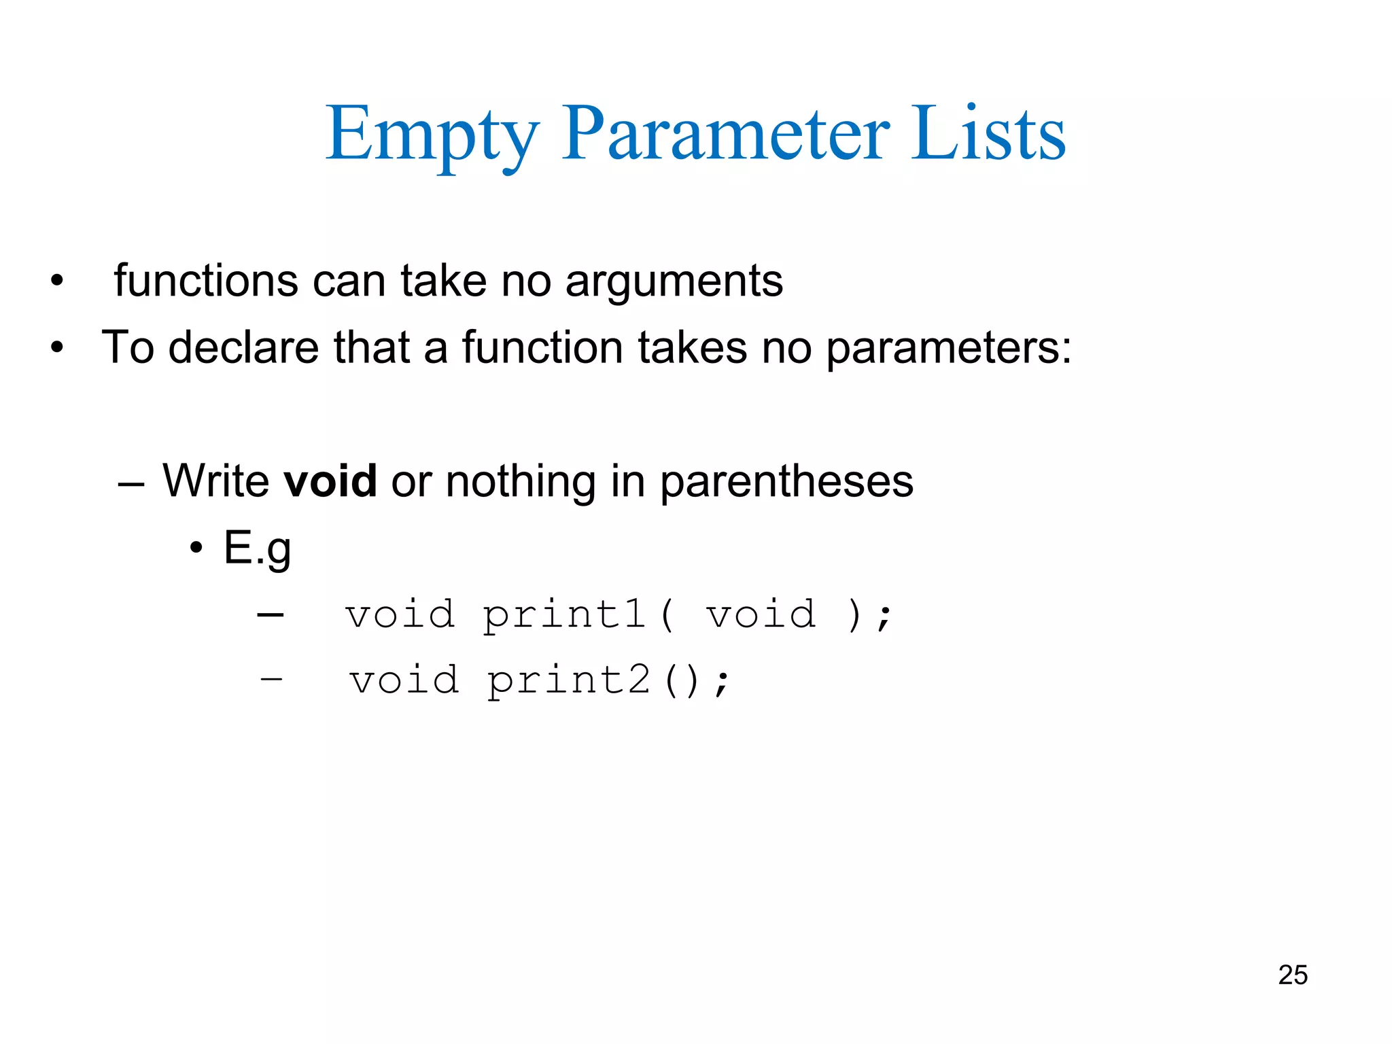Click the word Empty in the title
point(432,135)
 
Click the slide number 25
point(1292,975)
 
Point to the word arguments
point(674,281)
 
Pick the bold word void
point(330,481)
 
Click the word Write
point(216,481)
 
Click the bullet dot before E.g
point(196,548)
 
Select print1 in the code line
point(563,614)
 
